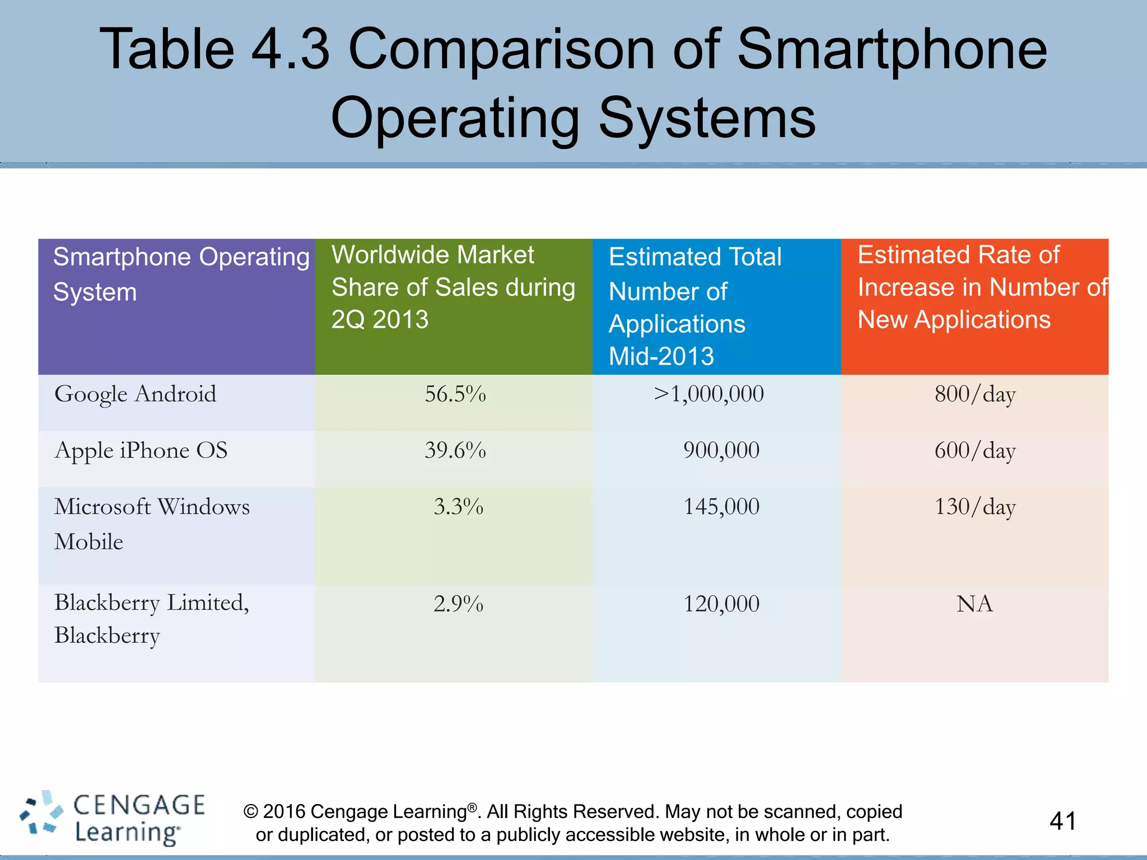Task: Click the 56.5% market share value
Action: click(x=455, y=394)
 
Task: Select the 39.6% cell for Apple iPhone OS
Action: click(x=455, y=451)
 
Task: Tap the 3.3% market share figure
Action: click(x=458, y=507)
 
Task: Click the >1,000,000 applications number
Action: click(x=708, y=394)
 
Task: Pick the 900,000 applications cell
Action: click(x=721, y=451)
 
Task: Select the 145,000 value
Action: click(x=721, y=507)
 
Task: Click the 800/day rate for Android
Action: click(x=975, y=394)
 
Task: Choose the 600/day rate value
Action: click(x=975, y=451)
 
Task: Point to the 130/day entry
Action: click(x=975, y=507)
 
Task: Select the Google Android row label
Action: click(x=135, y=394)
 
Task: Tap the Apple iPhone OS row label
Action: click(x=141, y=451)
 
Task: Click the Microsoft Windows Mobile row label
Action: click(x=151, y=524)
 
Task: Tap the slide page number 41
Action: click(x=1062, y=821)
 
